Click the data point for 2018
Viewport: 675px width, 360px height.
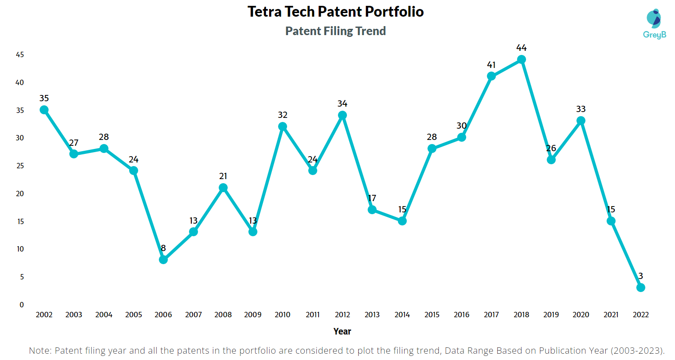tap(521, 59)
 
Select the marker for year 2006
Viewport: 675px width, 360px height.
tap(163, 260)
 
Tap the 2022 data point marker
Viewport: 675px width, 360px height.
tap(640, 288)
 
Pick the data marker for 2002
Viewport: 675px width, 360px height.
tap(44, 110)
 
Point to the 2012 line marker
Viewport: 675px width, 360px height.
tap(342, 115)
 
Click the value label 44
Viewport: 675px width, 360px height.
tap(521, 48)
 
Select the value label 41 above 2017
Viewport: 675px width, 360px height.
tap(491, 65)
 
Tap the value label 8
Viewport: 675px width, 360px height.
tap(163, 248)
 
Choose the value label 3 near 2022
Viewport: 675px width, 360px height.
tap(640, 276)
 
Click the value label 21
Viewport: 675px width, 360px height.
tap(223, 176)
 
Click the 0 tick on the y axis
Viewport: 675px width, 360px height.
tap(21, 305)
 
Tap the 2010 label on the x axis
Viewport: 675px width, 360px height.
tap(283, 315)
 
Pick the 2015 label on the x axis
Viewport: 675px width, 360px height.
tap(432, 315)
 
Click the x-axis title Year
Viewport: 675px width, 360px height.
tap(342, 331)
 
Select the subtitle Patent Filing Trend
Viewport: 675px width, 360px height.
tap(336, 31)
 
